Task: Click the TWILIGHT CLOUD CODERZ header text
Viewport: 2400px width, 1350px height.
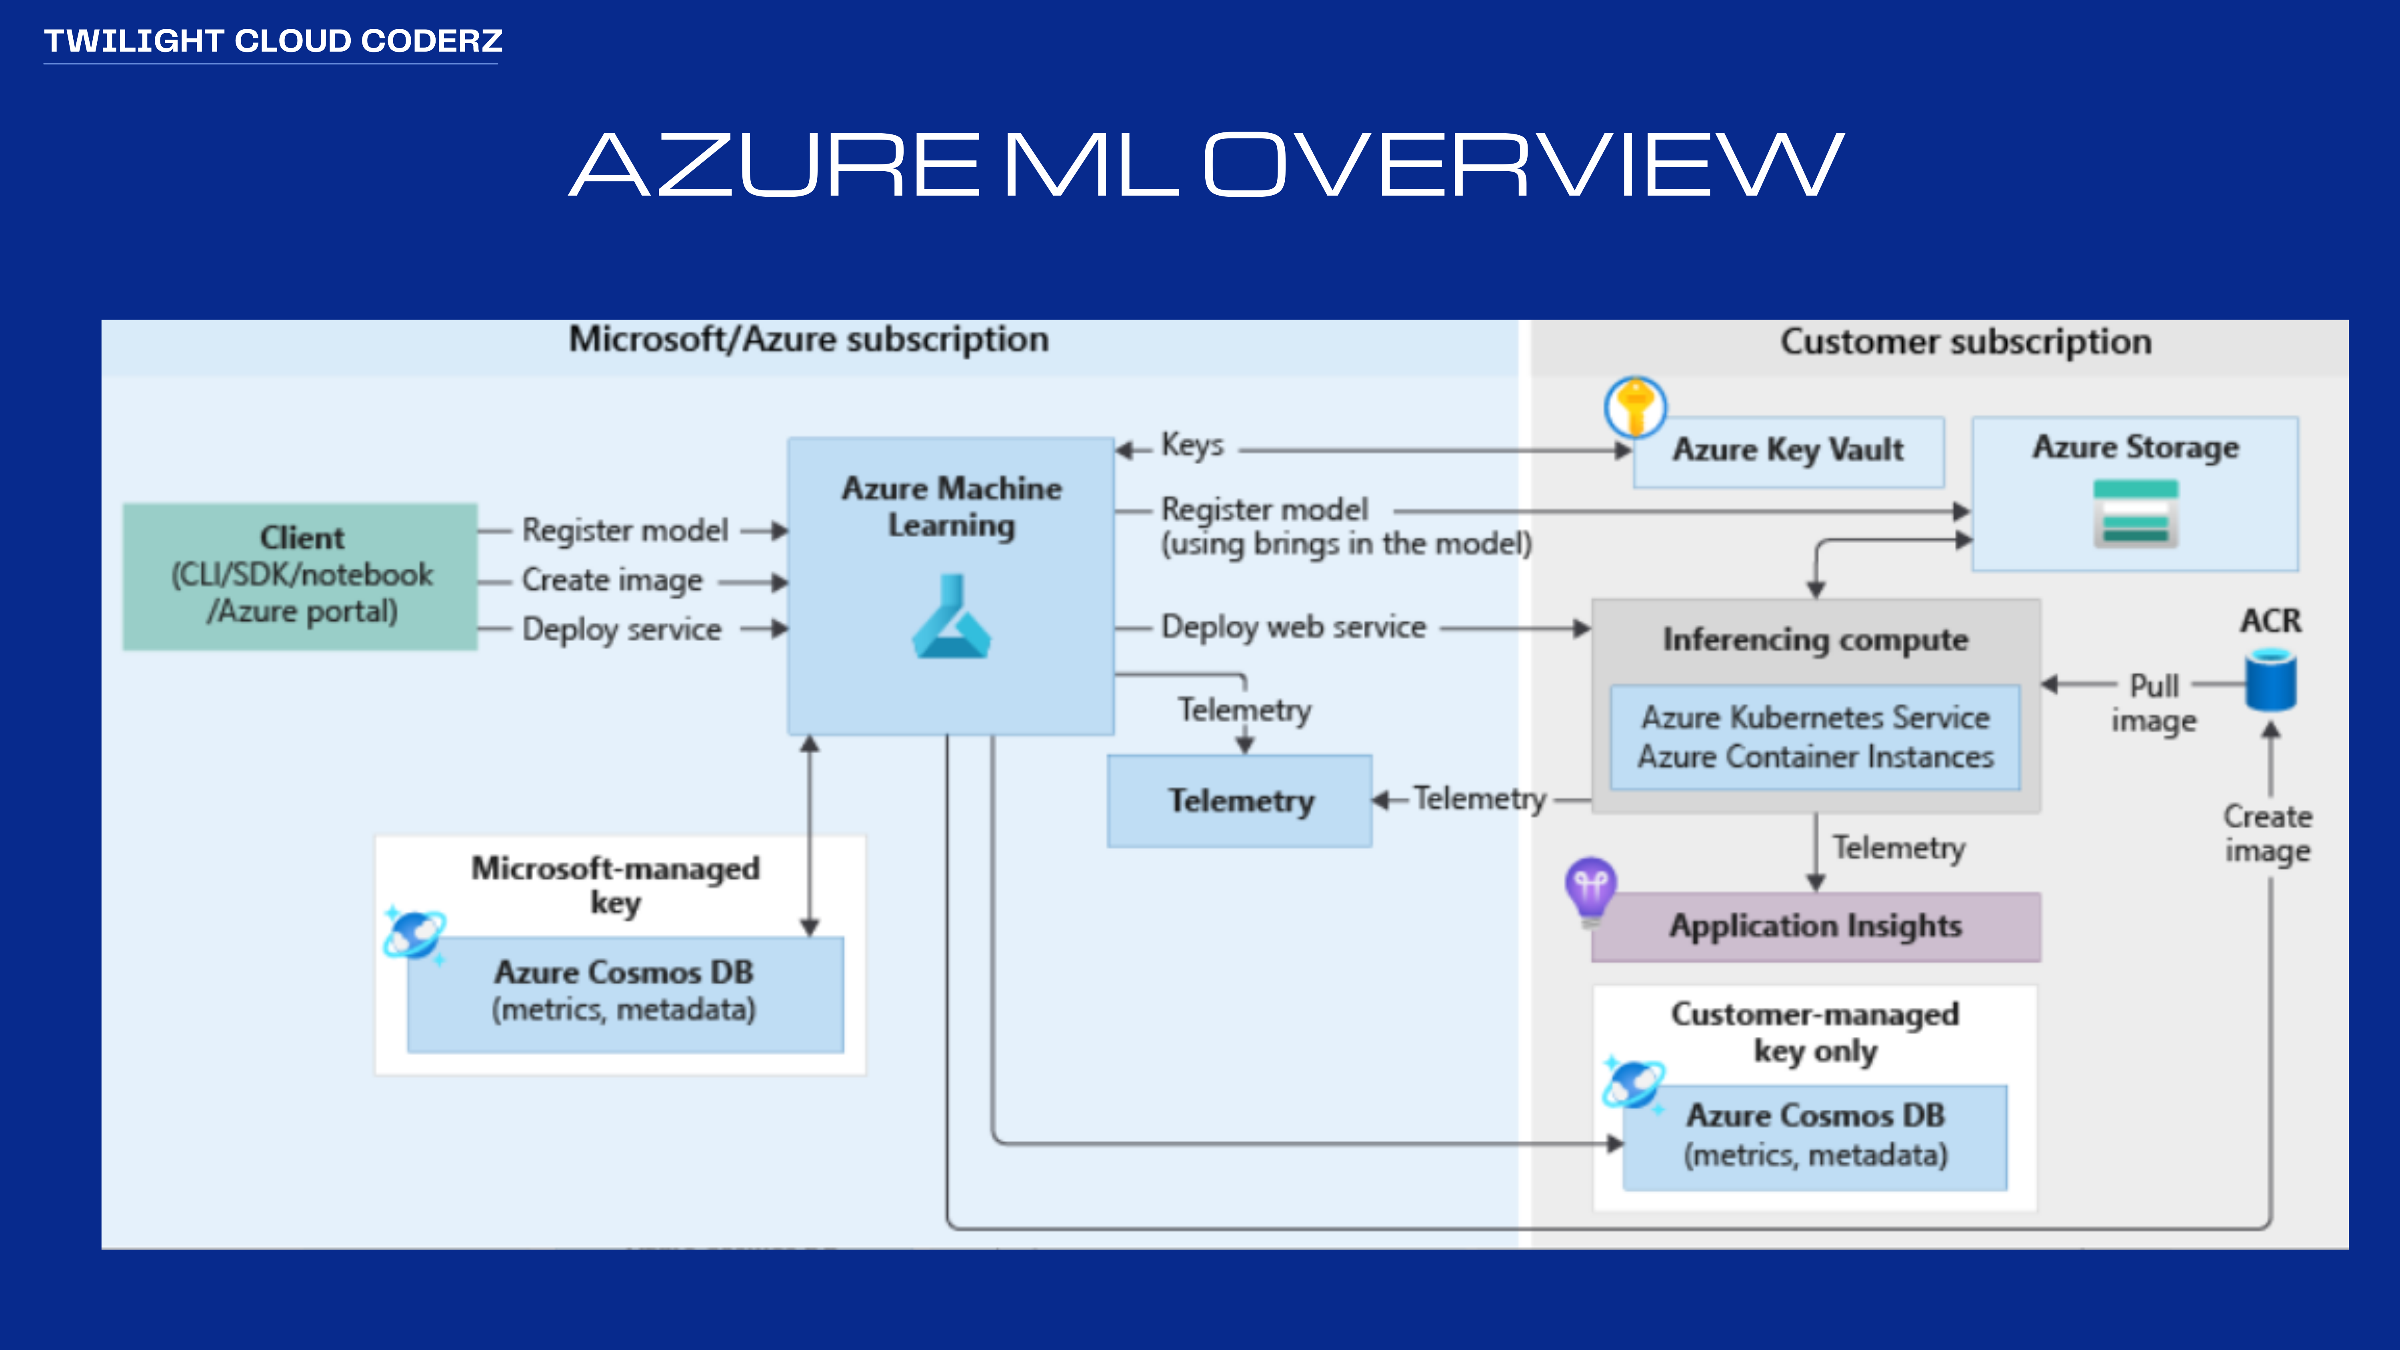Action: point(273,41)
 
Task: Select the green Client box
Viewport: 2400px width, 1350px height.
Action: point(300,576)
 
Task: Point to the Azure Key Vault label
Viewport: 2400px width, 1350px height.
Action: point(1788,450)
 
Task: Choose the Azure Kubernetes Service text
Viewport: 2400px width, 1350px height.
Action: point(1815,717)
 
